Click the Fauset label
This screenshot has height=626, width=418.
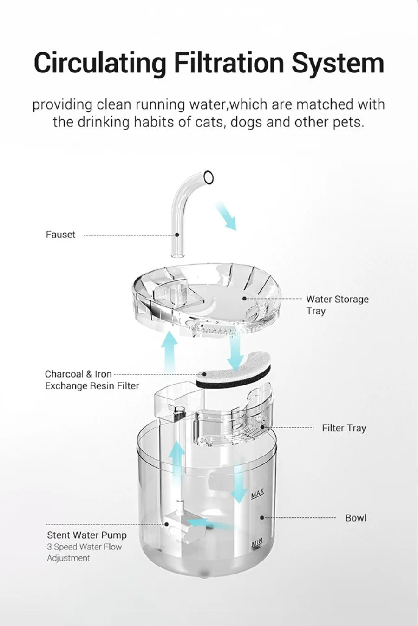[60, 235]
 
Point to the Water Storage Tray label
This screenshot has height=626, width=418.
[337, 305]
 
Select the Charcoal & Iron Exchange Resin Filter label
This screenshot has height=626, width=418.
[91, 380]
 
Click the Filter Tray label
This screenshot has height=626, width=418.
[344, 428]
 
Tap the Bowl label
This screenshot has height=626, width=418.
[355, 518]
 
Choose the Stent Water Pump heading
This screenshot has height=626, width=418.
[86, 535]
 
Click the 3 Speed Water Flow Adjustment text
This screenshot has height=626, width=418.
[84, 552]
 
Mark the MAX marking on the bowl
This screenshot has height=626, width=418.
[257, 494]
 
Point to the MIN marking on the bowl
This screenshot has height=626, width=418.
[257, 543]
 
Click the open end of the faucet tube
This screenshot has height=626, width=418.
[209, 177]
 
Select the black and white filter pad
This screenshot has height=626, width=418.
[232, 376]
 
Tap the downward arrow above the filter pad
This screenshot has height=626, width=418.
[235, 351]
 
